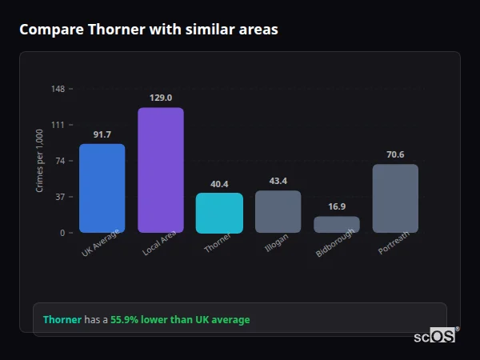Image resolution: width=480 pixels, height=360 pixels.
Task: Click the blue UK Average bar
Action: pos(102,188)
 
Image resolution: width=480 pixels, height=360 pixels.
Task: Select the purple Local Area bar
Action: pos(161,170)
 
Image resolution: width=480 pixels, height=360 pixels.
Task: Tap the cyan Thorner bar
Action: pos(219,213)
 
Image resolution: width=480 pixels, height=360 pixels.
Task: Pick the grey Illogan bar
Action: pos(278,212)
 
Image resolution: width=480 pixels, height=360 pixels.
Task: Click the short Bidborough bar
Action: pos(337,225)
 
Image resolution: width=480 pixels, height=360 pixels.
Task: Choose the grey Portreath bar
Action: pos(395,198)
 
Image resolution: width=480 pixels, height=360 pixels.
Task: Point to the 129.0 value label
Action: pos(161,98)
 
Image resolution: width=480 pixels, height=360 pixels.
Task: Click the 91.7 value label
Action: pos(102,134)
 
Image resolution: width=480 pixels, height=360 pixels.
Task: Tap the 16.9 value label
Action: pos(337,206)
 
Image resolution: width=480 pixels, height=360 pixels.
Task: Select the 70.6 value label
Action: pos(395,154)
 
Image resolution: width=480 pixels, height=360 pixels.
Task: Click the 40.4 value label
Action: pos(219,184)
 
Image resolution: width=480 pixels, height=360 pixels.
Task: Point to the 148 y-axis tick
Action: pos(58,89)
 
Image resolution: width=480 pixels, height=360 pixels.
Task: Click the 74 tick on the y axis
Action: pos(60,161)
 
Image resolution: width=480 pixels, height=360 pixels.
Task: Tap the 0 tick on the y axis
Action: pos(62,233)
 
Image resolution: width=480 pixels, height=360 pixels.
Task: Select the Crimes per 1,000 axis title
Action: pos(39,161)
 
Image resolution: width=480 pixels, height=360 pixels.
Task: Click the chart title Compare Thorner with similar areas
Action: pos(149,30)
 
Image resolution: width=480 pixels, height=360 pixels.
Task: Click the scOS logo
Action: pos(434,337)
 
